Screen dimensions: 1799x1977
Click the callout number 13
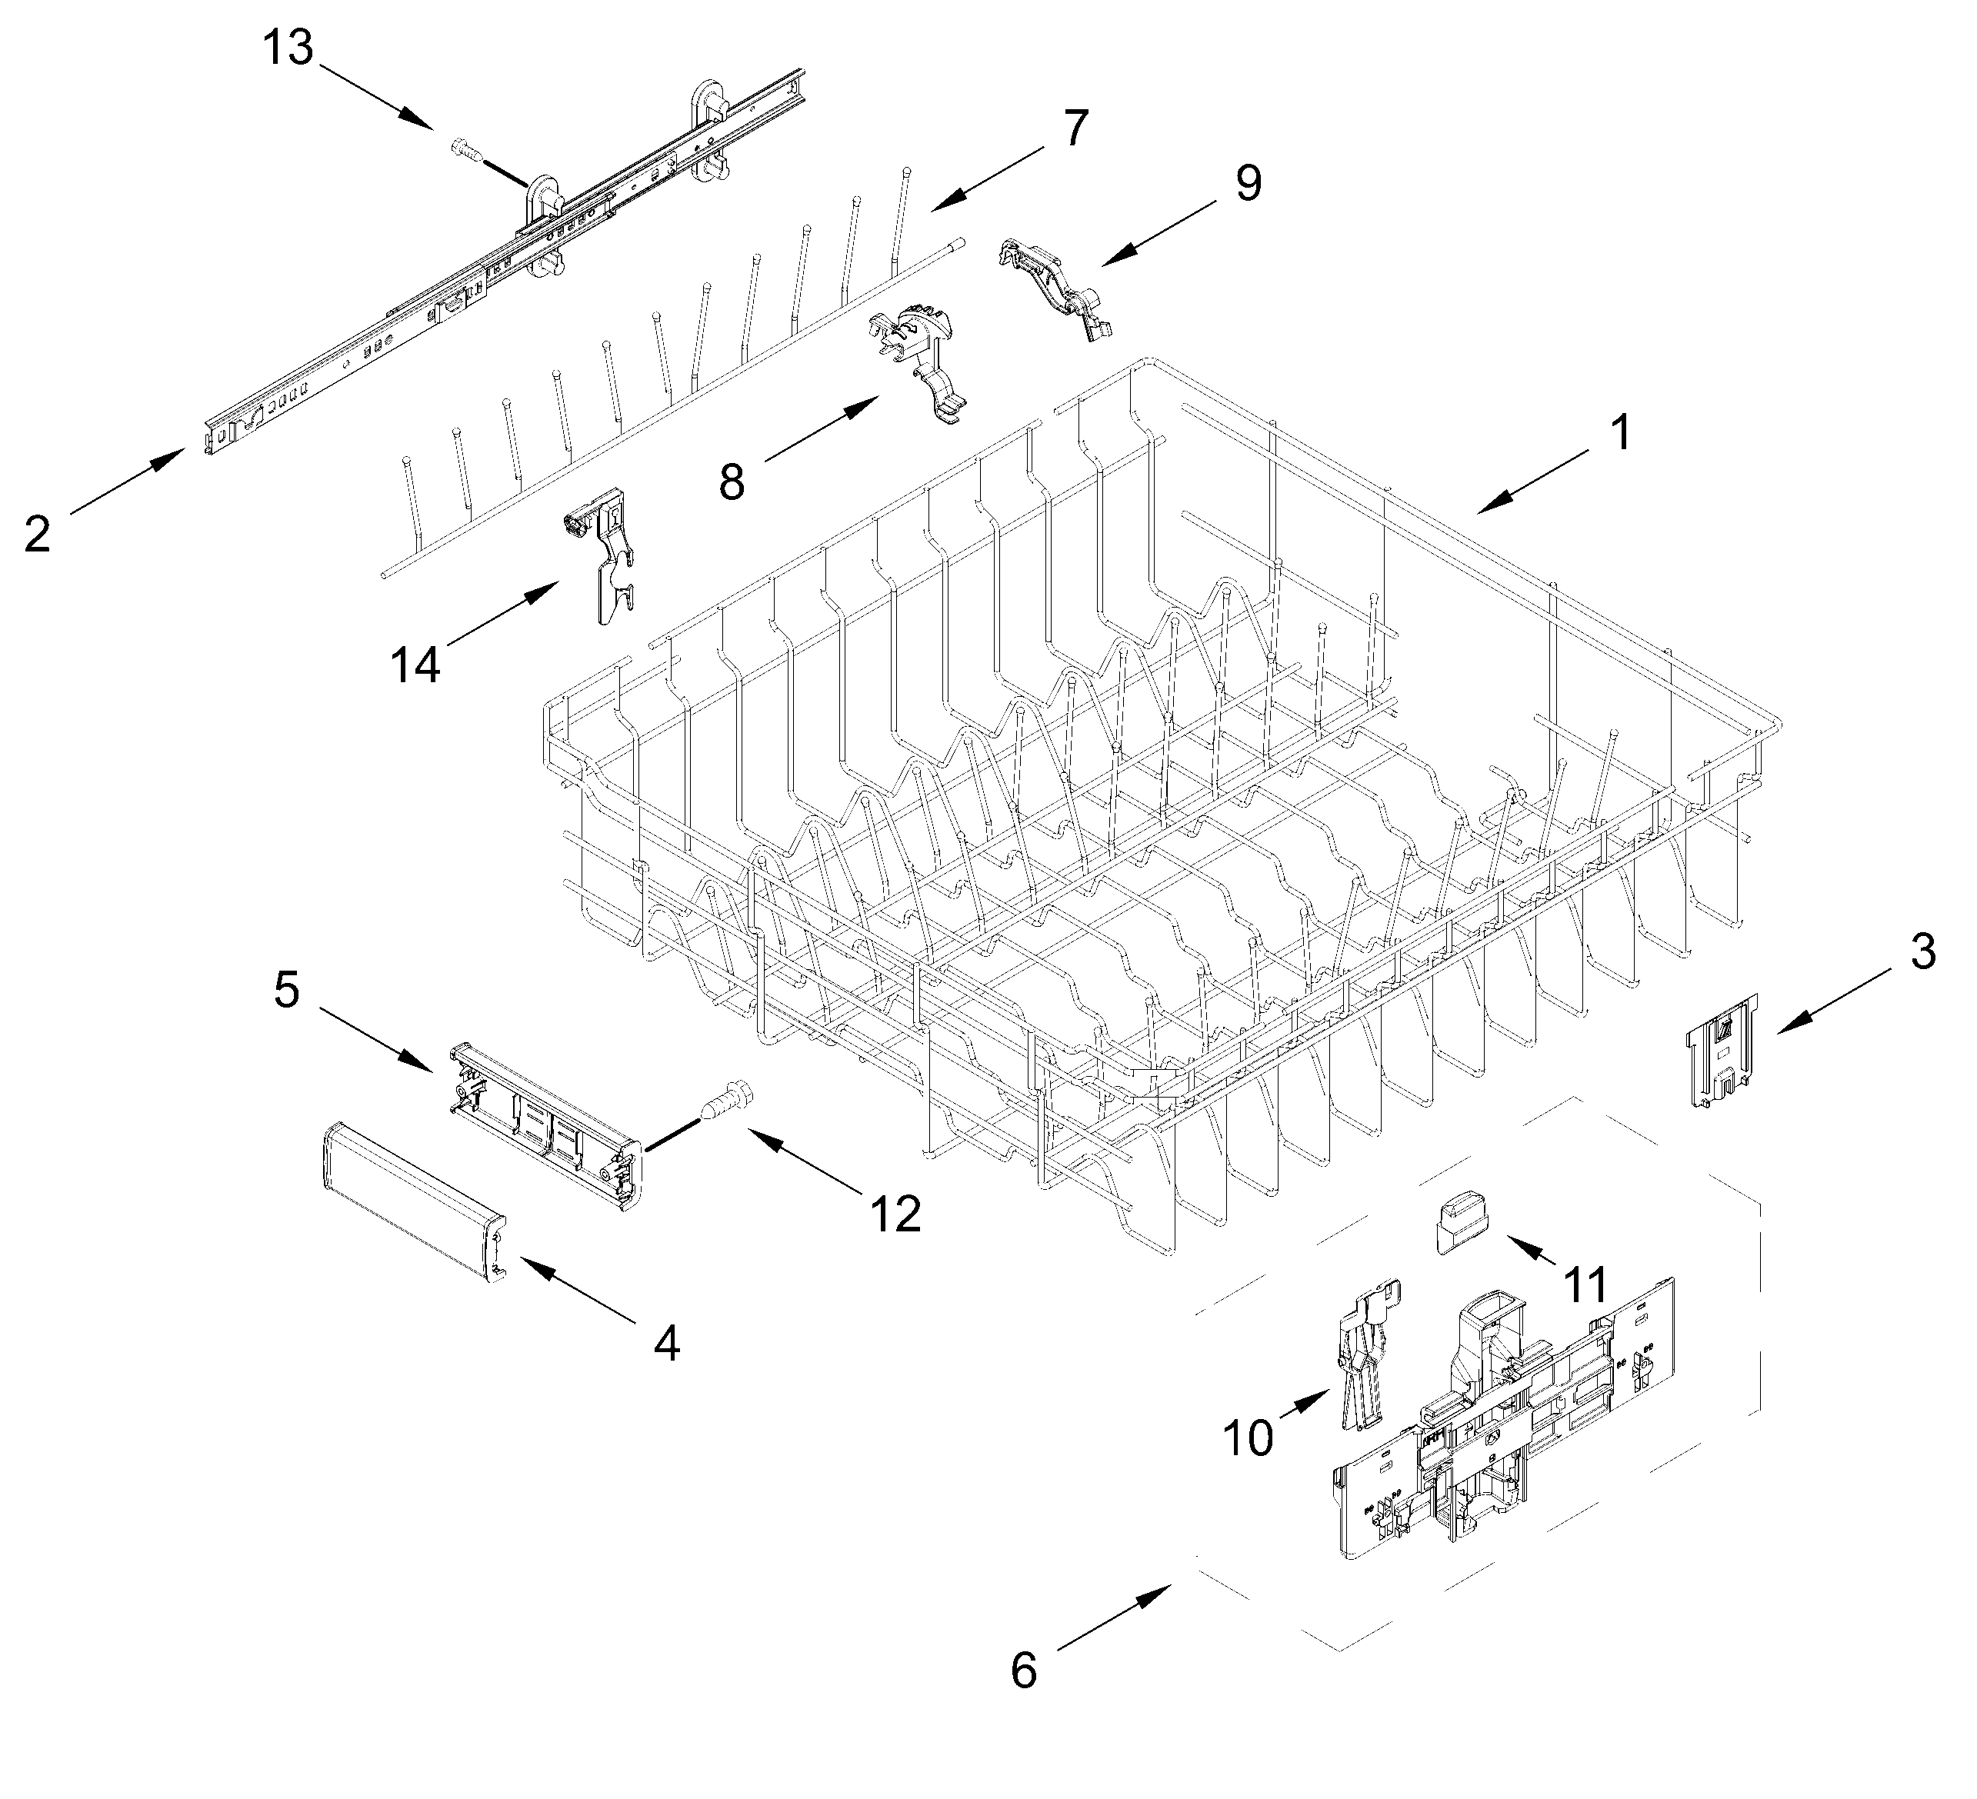(288, 47)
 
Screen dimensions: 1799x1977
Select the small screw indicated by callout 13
(467, 150)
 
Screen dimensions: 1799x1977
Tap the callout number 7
(1075, 128)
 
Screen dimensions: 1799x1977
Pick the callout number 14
(416, 665)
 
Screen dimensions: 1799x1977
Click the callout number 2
(37, 535)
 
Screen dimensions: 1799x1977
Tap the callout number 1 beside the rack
(1621, 431)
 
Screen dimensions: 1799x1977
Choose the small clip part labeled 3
(1720, 1049)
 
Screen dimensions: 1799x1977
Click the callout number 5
(286, 989)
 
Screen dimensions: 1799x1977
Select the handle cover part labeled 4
(412, 1199)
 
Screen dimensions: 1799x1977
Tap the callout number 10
(1249, 1438)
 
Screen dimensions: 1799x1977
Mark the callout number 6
(1023, 1671)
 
